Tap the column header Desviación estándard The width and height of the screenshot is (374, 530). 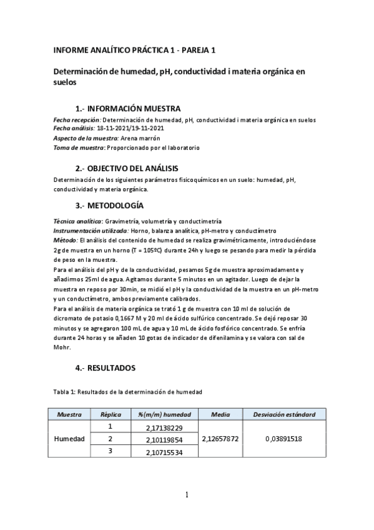(283, 414)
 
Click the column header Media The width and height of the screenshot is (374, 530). (220, 414)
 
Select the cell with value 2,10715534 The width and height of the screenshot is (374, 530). (160, 452)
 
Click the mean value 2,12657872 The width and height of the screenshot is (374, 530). (220, 439)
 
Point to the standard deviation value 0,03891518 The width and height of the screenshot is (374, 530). (283, 439)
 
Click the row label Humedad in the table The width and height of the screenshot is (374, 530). (69, 439)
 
